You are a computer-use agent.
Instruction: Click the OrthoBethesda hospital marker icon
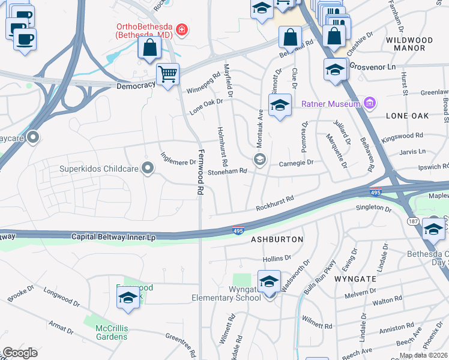coord(181,29)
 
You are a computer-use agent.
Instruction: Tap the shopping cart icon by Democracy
coord(167,74)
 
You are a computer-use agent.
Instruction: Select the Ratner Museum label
coord(330,104)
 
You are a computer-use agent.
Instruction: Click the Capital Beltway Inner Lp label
coord(113,237)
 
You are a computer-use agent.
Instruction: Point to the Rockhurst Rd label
coord(274,203)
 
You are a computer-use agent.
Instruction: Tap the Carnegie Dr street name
coord(297,163)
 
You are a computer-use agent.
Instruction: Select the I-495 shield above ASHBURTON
coord(238,230)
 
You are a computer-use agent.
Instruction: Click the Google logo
coord(20,352)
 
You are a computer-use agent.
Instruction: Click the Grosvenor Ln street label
coord(369,67)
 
